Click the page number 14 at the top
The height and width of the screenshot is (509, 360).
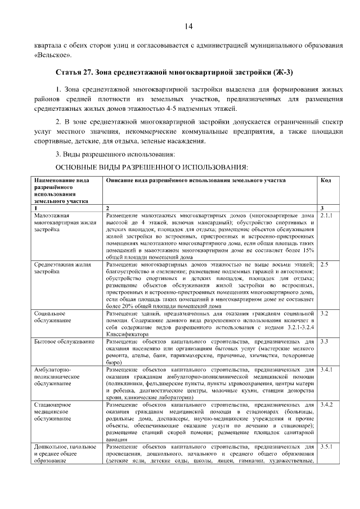(x=188, y=26)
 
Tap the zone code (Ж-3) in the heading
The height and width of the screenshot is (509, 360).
(x=280, y=73)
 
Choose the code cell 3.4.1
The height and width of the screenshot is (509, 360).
(x=326, y=370)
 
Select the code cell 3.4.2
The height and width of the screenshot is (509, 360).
(x=326, y=404)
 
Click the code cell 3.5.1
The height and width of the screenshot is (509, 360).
(x=326, y=447)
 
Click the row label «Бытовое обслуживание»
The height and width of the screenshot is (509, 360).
(x=64, y=341)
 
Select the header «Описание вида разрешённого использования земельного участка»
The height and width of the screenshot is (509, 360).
(x=195, y=181)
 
